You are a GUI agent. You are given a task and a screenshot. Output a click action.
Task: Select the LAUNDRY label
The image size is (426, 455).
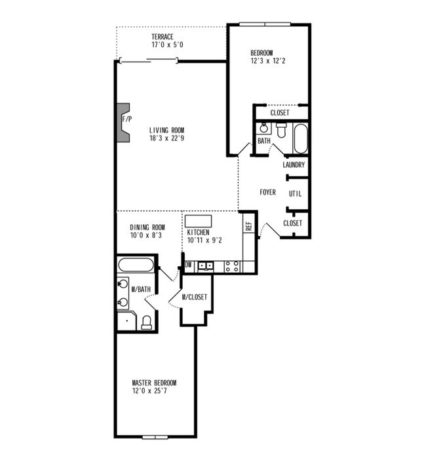point(294,165)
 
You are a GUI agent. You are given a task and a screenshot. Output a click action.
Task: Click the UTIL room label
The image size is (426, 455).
point(295,193)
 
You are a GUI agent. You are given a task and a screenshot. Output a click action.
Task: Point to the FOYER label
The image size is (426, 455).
point(267,193)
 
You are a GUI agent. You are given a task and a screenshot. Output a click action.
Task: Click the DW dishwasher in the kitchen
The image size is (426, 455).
point(188,266)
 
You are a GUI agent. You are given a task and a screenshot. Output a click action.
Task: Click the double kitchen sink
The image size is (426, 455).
point(206,266)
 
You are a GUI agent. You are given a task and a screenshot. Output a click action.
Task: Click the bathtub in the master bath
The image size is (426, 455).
point(136,266)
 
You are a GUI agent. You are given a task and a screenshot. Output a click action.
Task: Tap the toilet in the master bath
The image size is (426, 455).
point(147,322)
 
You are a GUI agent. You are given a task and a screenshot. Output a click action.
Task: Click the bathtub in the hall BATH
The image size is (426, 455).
point(300,138)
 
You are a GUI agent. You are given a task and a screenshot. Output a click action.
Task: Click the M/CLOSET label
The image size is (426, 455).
point(195,297)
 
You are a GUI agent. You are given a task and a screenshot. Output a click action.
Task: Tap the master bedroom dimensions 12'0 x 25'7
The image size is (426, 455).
point(154,391)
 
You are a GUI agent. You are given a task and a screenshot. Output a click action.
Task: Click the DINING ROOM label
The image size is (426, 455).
point(147,227)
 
